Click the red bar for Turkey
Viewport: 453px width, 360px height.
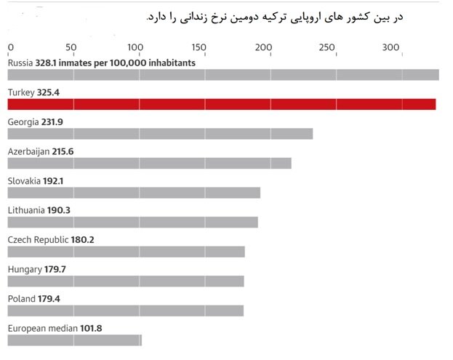tap(222, 104)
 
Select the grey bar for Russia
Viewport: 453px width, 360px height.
tap(223, 75)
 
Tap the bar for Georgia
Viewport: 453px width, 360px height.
tap(160, 134)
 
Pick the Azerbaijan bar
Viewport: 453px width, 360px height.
tap(149, 163)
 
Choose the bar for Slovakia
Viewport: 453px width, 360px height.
tap(134, 193)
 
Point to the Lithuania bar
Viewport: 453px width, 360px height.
tap(132, 222)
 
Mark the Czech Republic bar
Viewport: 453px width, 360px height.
tap(126, 252)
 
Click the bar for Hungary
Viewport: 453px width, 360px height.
tap(126, 281)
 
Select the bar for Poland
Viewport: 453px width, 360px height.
tap(126, 311)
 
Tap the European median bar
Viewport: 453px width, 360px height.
tap(74, 340)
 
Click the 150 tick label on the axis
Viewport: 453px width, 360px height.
tap(199, 48)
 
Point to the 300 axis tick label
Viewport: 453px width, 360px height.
tap(391, 48)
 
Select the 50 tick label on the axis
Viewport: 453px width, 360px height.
tap(71, 48)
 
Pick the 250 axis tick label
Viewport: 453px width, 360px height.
tap(327, 48)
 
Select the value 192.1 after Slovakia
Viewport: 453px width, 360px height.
tap(52, 180)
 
